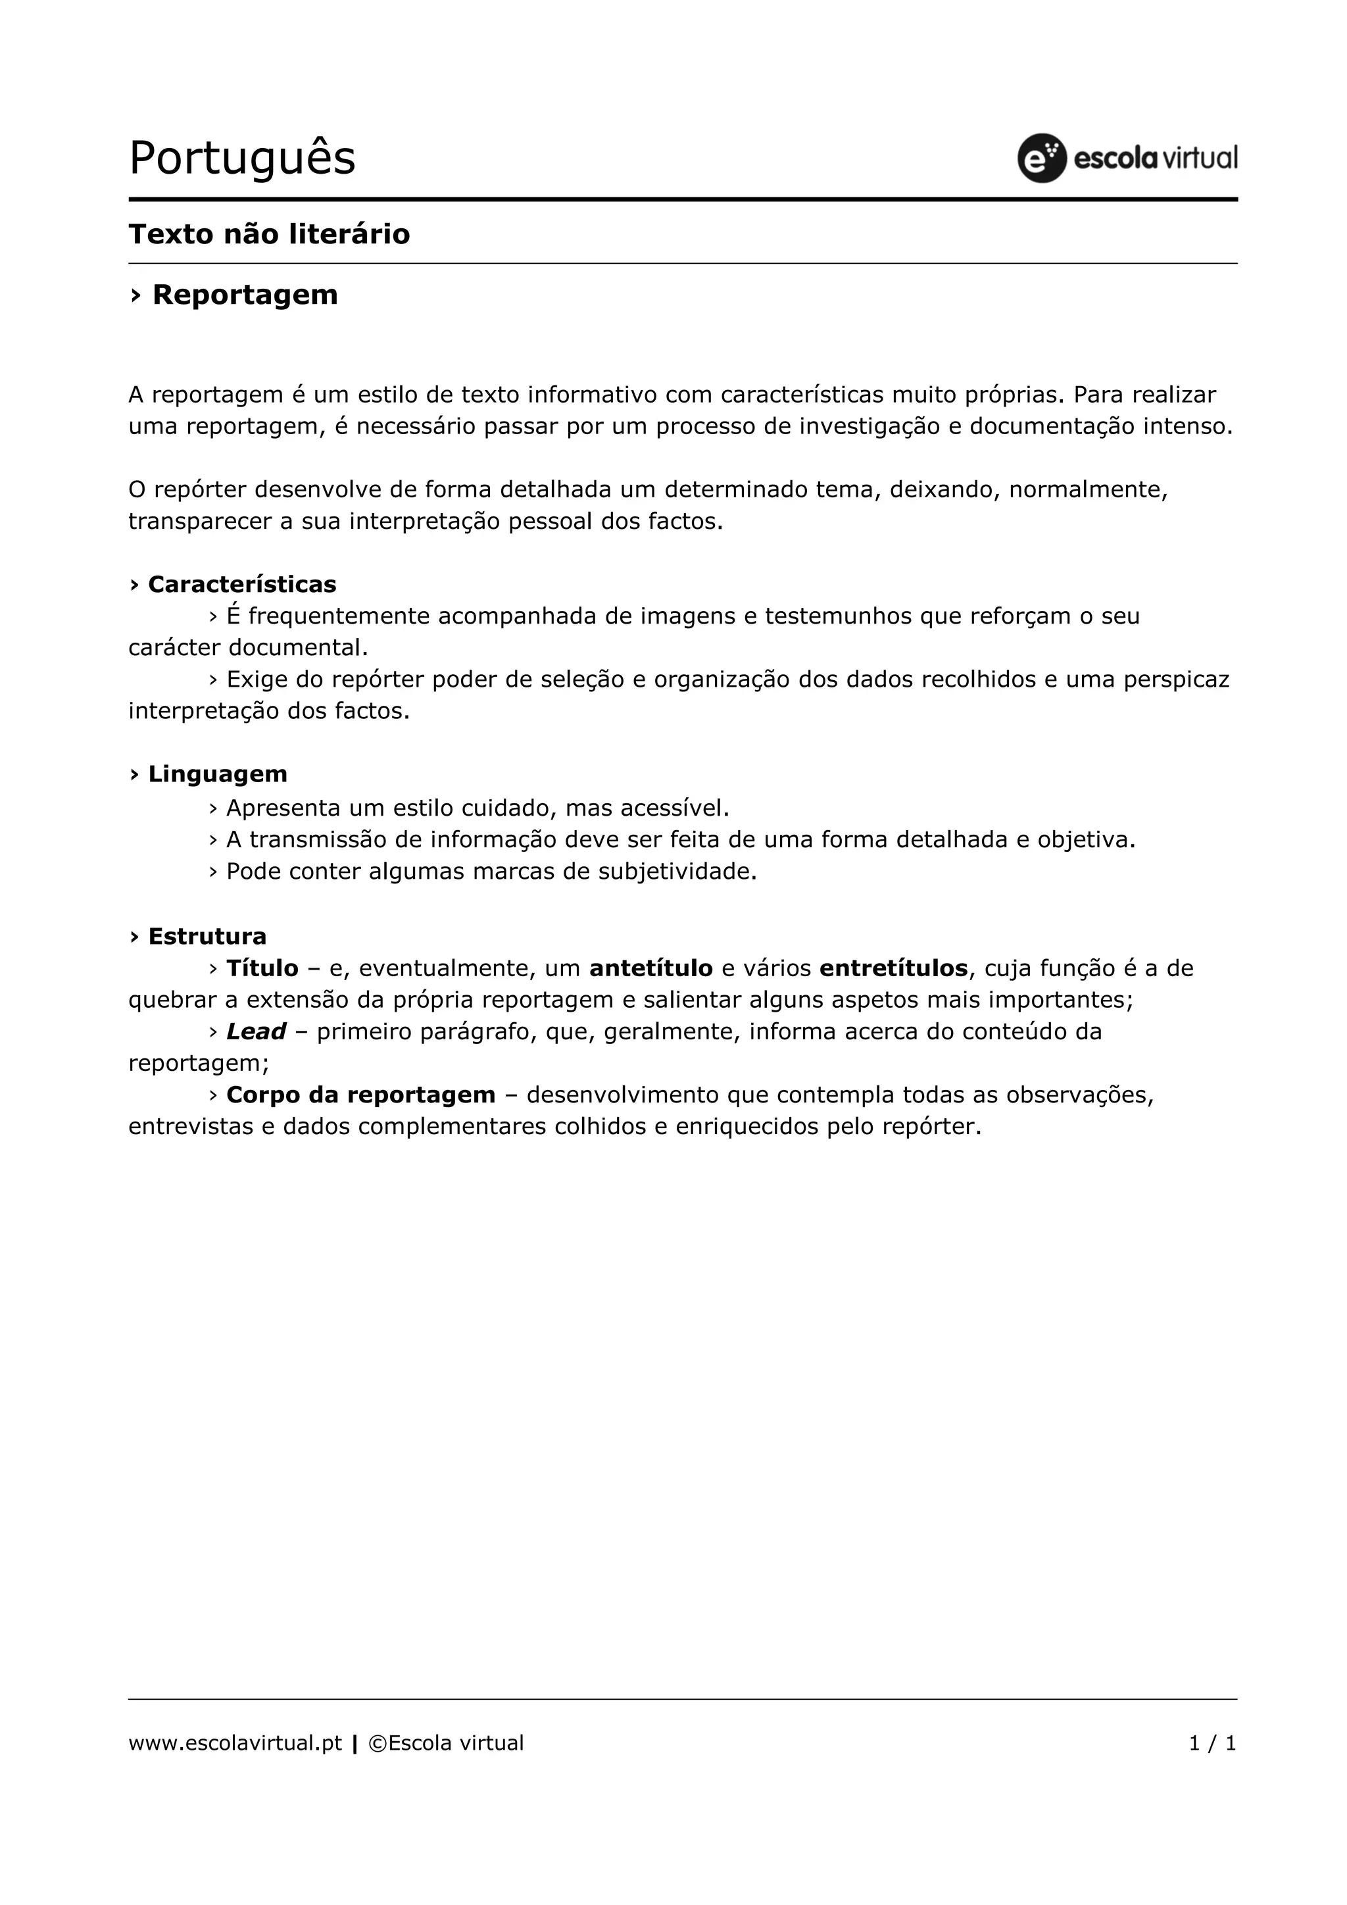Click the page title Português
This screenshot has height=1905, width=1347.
coord(241,158)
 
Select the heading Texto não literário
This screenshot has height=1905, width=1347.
coord(269,234)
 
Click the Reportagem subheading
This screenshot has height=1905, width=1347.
coord(245,295)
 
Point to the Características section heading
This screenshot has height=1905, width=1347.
coord(241,584)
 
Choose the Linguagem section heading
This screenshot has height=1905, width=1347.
coord(217,774)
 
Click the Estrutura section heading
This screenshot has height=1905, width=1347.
coord(207,937)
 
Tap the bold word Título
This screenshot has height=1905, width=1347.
coord(262,968)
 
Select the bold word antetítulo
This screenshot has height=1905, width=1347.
coord(651,968)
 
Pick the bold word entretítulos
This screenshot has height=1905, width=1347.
coord(893,968)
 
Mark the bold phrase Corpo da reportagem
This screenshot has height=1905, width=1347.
coord(361,1095)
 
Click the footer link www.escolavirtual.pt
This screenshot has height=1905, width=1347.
coord(235,1743)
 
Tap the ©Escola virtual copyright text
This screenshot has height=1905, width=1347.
coord(445,1743)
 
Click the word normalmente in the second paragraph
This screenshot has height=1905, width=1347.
coord(1087,489)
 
